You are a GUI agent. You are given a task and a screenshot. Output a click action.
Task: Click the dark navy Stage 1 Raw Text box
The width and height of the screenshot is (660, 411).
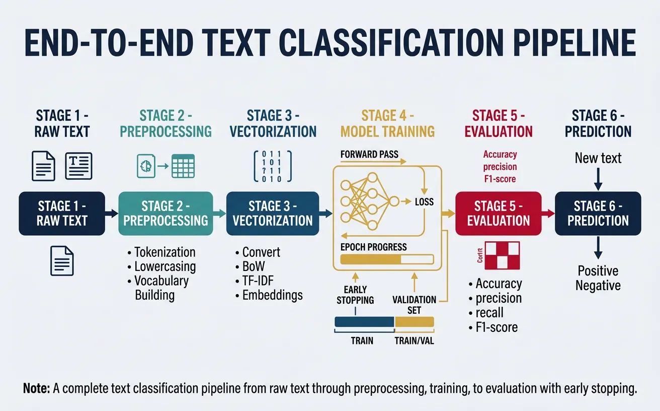(62, 214)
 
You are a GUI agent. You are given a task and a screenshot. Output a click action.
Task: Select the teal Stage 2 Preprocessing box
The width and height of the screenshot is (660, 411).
(166, 214)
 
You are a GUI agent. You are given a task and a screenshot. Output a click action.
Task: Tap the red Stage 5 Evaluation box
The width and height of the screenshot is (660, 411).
(498, 214)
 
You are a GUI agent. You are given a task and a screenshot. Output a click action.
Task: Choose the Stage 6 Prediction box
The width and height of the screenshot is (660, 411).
(598, 214)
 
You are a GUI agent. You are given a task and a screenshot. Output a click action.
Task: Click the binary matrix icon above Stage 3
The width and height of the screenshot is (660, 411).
(272, 166)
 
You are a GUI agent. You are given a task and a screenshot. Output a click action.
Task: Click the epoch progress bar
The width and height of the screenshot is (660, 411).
(387, 259)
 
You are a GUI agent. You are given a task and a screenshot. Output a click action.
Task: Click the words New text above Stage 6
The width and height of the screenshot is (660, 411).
(598, 158)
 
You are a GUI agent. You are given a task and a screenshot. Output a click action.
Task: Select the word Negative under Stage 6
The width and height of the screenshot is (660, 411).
(598, 286)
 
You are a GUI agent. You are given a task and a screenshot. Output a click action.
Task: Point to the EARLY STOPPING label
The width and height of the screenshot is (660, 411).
(355, 295)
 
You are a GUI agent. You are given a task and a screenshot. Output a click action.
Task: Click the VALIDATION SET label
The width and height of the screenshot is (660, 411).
(414, 305)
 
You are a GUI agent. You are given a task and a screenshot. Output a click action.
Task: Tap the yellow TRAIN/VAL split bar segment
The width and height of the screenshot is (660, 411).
(414, 322)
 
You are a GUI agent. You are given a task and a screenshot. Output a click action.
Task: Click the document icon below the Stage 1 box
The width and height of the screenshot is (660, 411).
(62, 261)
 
